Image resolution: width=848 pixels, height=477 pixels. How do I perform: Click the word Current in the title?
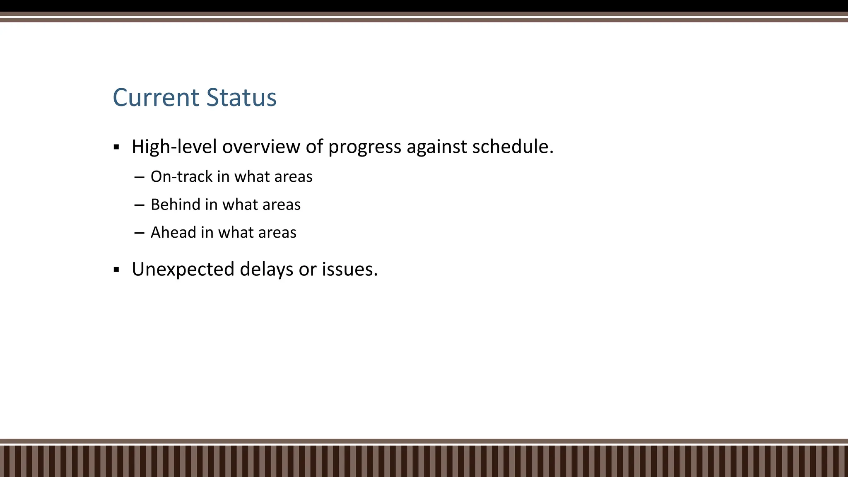(156, 98)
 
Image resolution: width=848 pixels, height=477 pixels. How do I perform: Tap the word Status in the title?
(241, 98)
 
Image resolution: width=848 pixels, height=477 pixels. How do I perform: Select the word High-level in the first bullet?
(174, 147)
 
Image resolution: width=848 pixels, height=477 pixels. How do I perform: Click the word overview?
(261, 147)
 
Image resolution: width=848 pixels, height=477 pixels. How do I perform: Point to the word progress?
(364, 147)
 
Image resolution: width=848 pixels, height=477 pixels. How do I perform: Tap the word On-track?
(181, 177)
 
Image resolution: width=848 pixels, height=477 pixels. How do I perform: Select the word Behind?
(175, 205)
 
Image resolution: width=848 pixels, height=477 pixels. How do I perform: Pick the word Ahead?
(173, 232)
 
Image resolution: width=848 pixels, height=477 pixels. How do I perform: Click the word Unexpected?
(183, 270)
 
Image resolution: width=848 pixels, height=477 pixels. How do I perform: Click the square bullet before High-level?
(116, 147)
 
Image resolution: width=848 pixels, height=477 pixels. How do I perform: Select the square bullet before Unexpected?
(116, 270)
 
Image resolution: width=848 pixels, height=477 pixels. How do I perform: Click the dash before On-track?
(139, 177)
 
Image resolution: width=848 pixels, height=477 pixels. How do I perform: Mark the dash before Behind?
(139, 205)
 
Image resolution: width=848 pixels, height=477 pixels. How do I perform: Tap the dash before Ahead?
(139, 233)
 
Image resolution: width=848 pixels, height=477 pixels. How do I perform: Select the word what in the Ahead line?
(234, 232)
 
